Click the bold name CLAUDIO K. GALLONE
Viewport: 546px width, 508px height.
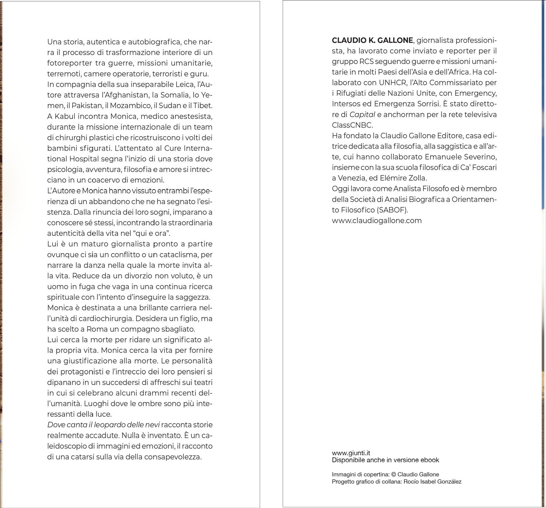372,40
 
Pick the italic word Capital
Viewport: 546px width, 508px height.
362,114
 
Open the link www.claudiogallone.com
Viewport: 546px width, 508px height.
377,221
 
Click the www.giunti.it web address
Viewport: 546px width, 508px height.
351,453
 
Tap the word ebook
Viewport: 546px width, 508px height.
430,460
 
